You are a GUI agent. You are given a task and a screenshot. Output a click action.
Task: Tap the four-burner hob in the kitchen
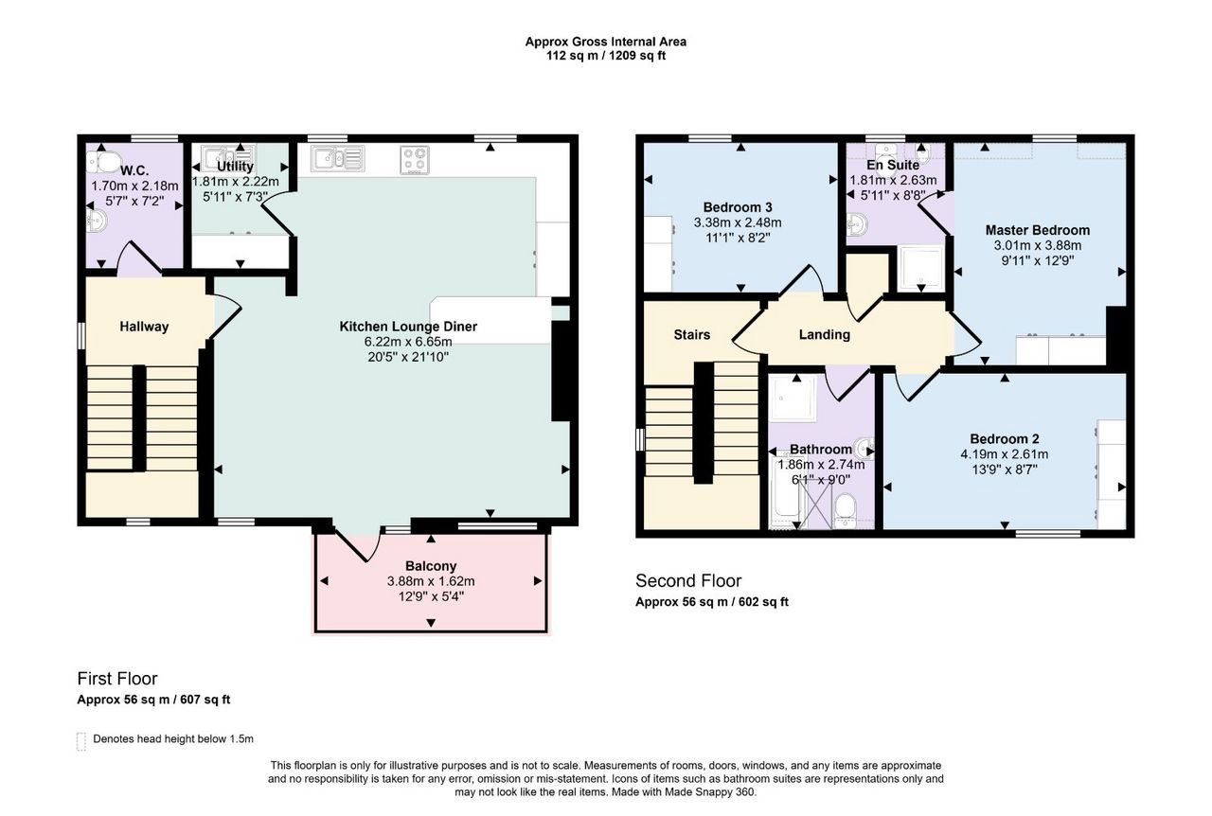[415, 160]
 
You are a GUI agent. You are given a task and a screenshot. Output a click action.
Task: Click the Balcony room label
[431, 566]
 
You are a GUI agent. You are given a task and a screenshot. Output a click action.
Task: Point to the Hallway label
[144, 327]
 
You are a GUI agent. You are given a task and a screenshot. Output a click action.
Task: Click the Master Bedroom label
[1037, 230]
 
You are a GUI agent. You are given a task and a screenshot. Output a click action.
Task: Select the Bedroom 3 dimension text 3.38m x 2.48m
[738, 222]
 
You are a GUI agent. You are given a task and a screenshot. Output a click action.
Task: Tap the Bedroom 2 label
[1005, 439]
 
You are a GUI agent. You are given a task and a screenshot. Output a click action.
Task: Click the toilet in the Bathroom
[846, 510]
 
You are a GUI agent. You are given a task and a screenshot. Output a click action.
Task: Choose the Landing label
[824, 334]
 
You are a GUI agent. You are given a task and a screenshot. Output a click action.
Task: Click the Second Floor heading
[688, 580]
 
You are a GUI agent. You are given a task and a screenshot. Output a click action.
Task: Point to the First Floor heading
[117, 679]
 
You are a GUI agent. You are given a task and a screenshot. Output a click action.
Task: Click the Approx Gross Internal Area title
[605, 42]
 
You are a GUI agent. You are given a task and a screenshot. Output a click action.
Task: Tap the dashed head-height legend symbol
[81, 741]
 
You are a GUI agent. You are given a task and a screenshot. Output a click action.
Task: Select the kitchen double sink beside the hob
[338, 158]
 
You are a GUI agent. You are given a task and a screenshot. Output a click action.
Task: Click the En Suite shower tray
[920, 269]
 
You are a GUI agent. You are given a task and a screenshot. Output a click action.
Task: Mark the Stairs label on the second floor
[691, 334]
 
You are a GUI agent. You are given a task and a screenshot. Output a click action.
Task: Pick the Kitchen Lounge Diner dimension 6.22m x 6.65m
[408, 342]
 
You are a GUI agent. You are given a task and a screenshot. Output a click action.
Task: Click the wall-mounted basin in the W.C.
[97, 221]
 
